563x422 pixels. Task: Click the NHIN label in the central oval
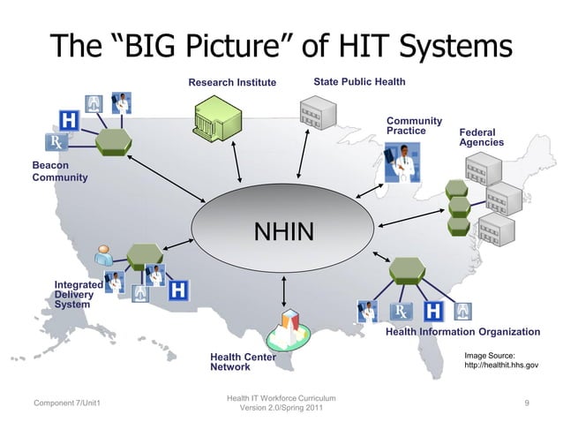[x=283, y=232]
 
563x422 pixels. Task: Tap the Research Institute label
[x=232, y=83]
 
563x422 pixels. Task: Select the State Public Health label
[x=359, y=82]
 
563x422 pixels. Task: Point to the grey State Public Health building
[x=318, y=113]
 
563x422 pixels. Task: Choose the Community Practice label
[x=414, y=125]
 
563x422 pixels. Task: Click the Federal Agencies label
[x=481, y=137]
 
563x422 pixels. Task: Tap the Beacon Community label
[x=59, y=171]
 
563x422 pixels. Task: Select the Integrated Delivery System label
[x=79, y=295]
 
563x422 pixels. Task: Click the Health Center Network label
[x=243, y=361]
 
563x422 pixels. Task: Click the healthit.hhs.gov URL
[x=500, y=364]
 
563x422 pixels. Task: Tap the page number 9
[x=526, y=403]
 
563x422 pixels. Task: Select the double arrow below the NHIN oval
[x=283, y=290]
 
